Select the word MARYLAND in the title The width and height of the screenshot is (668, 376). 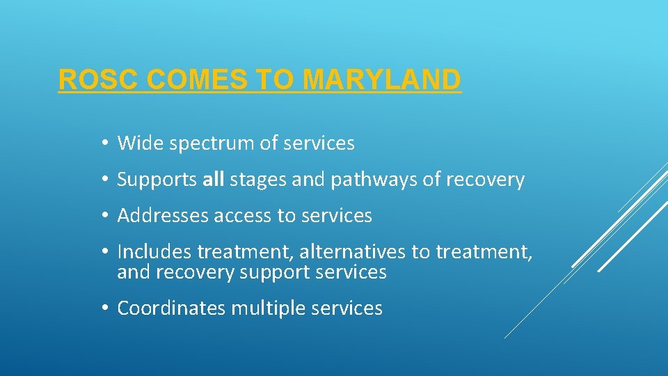tap(382, 80)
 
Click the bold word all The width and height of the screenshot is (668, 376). tap(213, 180)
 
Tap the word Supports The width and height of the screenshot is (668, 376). tap(157, 180)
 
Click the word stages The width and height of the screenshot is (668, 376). tap(257, 180)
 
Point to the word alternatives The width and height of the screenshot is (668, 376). tap(353, 251)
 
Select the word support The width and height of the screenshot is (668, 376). tap(275, 272)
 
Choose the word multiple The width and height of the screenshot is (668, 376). tap(275, 308)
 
